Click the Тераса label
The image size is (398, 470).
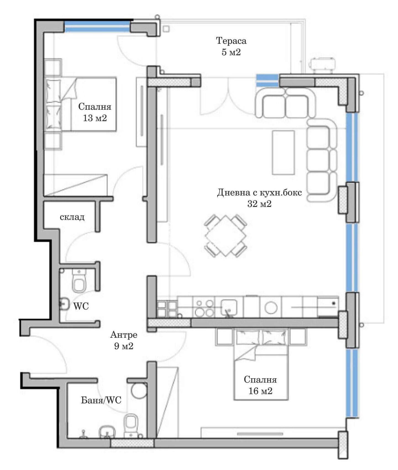tap(231, 41)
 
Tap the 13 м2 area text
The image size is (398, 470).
tap(95, 118)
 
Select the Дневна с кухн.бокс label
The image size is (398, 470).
tap(259, 192)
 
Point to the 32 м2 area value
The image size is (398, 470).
tap(259, 204)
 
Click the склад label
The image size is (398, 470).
tap(72, 217)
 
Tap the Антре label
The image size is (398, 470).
tap(124, 335)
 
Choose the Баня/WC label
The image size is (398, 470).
tap(101, 400)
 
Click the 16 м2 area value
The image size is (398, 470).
tap(260, 391)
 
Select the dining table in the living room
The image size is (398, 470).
tap(226, 236)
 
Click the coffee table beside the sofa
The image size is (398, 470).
tap(283, 153)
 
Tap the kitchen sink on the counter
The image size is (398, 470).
tap(229, 307)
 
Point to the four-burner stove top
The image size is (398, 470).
tap(205, 308)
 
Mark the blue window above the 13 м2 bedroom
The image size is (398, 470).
tap(97, 27)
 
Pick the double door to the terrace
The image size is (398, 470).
tap(228, 97)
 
